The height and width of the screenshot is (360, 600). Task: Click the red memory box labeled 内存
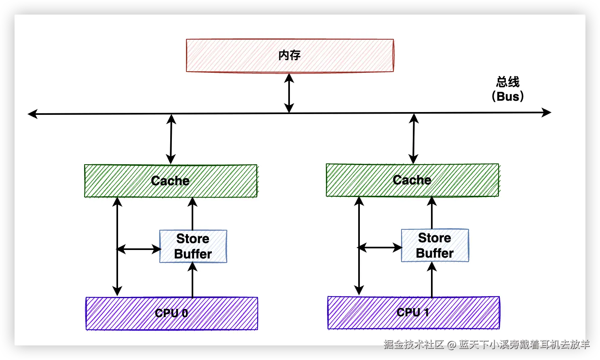[x=290, y=55]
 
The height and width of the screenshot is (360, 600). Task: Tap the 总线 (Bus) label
[x=507, y=89]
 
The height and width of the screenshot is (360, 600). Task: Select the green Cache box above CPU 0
[x=171, y=181]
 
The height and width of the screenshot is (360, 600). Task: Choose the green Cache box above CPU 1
[x=412, y=180]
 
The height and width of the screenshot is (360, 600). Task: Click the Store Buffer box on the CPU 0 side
[x=193, y=246]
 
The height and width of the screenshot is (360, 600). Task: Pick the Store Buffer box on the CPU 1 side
[x=435, y=246]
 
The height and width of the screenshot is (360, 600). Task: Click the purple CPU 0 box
[x=172, y=313]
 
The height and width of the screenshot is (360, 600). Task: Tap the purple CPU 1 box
[x=414, y=313]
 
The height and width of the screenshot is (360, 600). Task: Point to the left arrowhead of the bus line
[x=33, y=114]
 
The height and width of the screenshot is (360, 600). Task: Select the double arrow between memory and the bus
[x=289, y=93]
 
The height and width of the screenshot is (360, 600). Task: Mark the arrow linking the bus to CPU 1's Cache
[x=414, y=139]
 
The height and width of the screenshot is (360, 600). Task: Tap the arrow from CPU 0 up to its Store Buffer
[x=192, y=280]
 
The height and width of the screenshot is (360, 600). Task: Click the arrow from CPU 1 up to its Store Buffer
[x=431, y=279]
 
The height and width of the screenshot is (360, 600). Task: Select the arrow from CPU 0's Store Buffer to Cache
[x=192, y=214]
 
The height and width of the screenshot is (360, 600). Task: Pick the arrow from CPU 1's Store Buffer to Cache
[x=431, y=213]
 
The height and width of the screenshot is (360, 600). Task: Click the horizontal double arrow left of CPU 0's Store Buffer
[x=139, y=249]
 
